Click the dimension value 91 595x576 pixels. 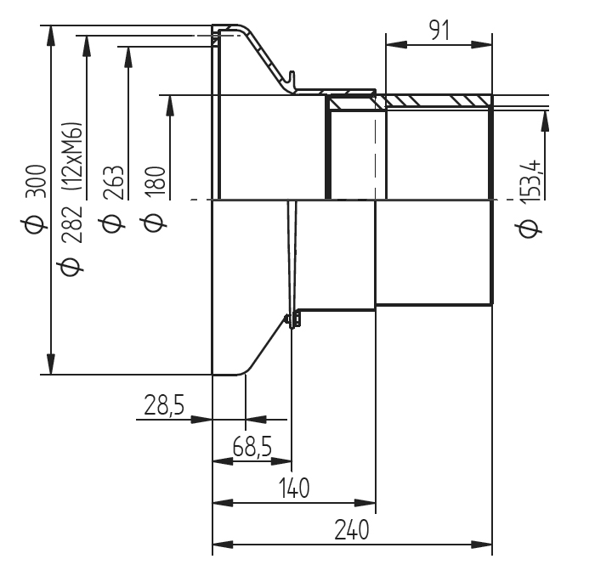point(439,31)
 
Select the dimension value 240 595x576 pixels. point(351,529)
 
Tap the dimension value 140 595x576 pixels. point(294,488)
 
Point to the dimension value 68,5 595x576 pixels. point(252,446)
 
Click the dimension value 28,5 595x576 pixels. point(164,404)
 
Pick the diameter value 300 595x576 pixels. point(37,181)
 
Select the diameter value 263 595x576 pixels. point(114,183)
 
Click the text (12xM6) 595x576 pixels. point(72,155)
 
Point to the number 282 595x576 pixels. point(72,224)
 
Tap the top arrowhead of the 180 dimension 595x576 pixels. point(170,105)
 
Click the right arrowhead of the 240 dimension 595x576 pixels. point(482,545)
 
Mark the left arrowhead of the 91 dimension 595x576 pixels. point(396,45)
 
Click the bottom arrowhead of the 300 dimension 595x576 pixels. point(51,364)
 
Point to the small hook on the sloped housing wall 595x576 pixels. point(291,76)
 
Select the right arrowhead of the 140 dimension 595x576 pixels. point(365,503)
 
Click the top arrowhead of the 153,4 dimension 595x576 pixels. point(546,121)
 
